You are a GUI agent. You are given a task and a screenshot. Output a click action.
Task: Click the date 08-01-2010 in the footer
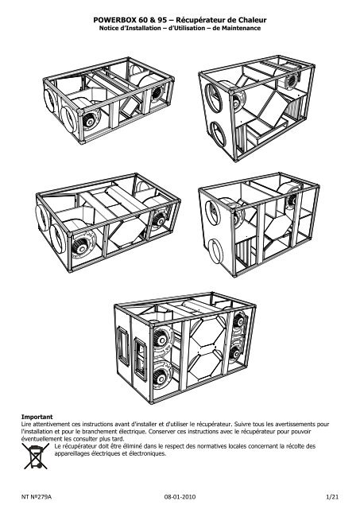click(x=180, y=494)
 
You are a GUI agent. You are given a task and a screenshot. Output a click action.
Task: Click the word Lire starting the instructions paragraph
click(x=29, y=423)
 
